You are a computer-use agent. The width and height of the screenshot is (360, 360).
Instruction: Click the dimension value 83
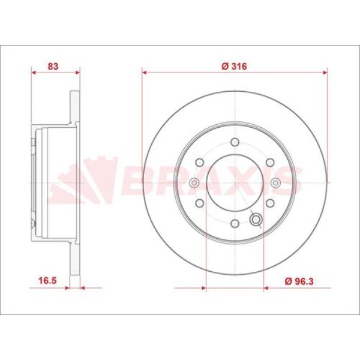click(53, 67)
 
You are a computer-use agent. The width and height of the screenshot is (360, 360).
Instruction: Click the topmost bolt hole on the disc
click(235, 142)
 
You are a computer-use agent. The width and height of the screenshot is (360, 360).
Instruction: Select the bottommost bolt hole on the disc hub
click(235, 224)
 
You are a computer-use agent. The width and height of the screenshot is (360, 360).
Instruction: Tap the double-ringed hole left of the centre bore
click(194, 183)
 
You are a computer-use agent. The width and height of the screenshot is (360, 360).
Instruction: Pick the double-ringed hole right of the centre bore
click(275, 183)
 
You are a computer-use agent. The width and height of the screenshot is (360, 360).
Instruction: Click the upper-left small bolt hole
click(199, 163)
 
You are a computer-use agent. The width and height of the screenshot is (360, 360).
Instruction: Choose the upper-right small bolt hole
click(270, 163)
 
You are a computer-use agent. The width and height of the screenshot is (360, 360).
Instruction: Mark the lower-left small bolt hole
click(199, 203)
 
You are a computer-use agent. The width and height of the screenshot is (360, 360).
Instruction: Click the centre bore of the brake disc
click(235, 183)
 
